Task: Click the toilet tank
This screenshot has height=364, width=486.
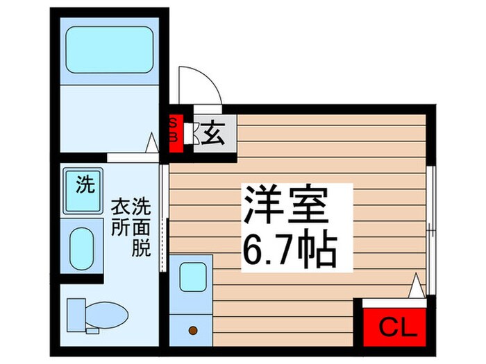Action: [x=75, y=315]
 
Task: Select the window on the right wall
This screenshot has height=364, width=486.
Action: [x=431, y=229]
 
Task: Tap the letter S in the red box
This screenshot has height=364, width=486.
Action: [x=174, y=123]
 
